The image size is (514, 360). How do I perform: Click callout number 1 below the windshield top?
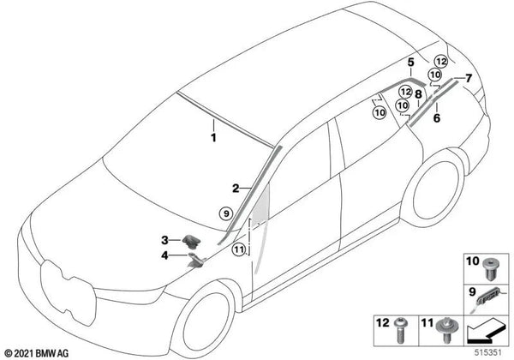213,138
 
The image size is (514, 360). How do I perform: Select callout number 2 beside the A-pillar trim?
236,189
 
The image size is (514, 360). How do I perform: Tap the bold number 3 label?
164,240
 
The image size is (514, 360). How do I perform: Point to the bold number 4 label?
164,255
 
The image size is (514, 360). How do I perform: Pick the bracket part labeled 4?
196,260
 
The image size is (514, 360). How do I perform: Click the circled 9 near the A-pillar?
226,213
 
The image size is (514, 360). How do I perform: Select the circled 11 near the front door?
239,249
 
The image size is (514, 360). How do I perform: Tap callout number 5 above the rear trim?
410,62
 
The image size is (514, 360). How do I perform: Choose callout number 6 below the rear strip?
437,118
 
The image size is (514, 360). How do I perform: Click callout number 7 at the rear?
469,78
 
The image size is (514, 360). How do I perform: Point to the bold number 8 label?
418,94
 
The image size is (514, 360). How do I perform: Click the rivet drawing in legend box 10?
490,269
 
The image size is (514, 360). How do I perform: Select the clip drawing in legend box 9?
488,297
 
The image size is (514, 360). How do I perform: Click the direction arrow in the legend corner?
486,333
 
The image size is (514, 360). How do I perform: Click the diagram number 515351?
488,353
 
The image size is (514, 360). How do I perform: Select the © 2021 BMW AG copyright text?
37,353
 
